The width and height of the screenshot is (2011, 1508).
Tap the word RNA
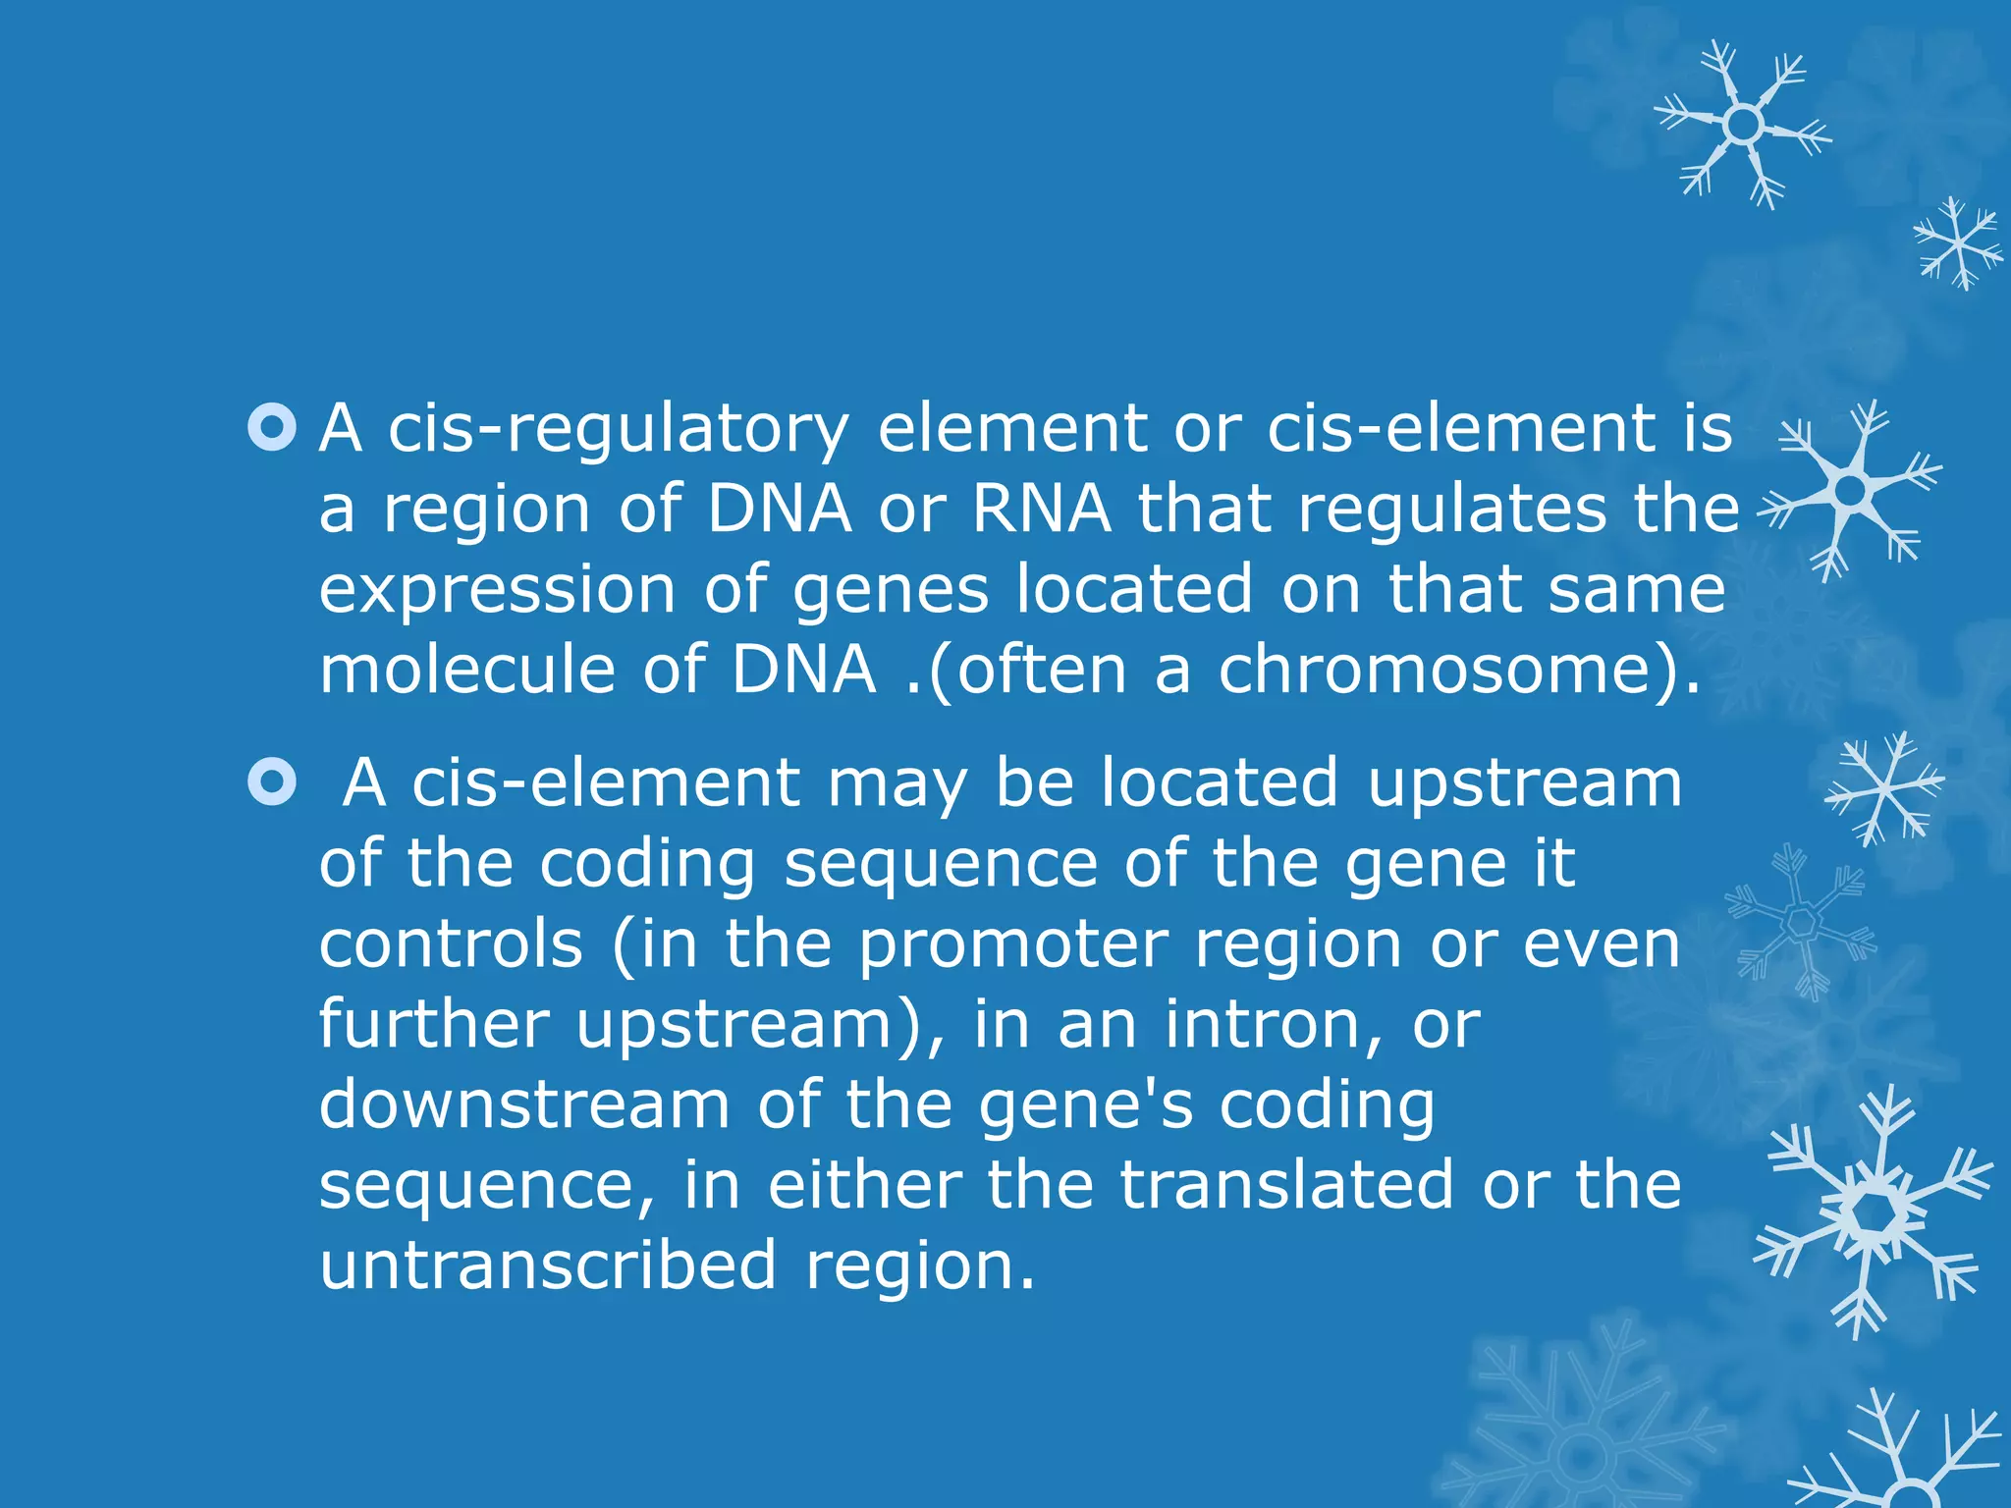1041,511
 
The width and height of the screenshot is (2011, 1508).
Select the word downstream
524,1105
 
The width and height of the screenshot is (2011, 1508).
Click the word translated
1286,1186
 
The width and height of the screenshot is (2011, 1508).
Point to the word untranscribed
549,1266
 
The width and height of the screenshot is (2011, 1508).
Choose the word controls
451,944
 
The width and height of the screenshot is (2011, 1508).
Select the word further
434,1025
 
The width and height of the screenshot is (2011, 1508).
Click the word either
864,1186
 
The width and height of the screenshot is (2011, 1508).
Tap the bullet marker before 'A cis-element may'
272,783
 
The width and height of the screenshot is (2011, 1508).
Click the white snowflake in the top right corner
1744,125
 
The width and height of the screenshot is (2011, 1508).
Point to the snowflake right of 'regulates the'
1852,489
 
